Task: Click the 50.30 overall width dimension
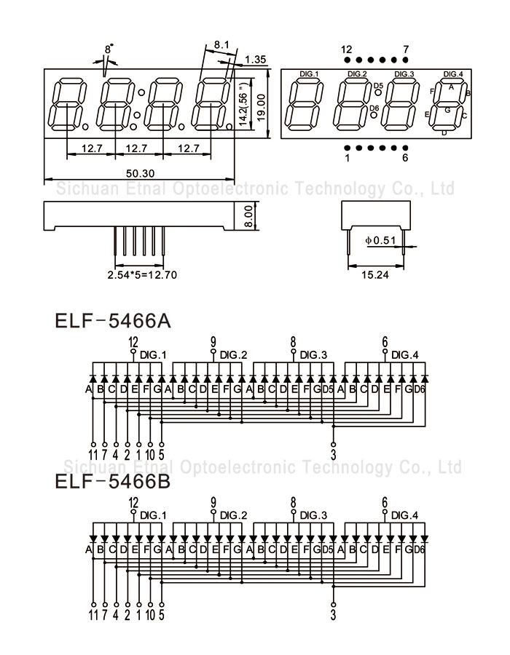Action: [x=140, y=173]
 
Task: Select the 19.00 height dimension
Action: [x=261, y=108]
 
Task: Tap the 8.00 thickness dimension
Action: [x=248, y=216]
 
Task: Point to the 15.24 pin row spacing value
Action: [x=375, y=274]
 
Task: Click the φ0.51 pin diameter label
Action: [x=380, y=240]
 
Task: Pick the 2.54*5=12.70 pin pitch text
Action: [x=142, y=275]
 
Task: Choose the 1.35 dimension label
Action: [x=256, y=60]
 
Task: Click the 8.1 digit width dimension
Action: [x=221, y=44]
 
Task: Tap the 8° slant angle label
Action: [x=109, y=49]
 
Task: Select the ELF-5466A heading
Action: [x=113, y=321]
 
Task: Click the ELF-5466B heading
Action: [x=113, y=482]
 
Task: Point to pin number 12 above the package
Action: [x=346, y=49]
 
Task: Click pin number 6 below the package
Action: [x=404, y=158]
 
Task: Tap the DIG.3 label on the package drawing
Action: [x=404, y=74]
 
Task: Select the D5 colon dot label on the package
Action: [x=378, y=86]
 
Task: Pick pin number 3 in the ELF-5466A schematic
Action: [x=333, y=454]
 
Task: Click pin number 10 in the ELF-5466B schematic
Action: [x=150, y=614]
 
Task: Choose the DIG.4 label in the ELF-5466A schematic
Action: [x=404, y=355]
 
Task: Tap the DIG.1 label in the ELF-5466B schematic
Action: [x=153, y=515]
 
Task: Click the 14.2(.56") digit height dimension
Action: [x=243, y=106]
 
